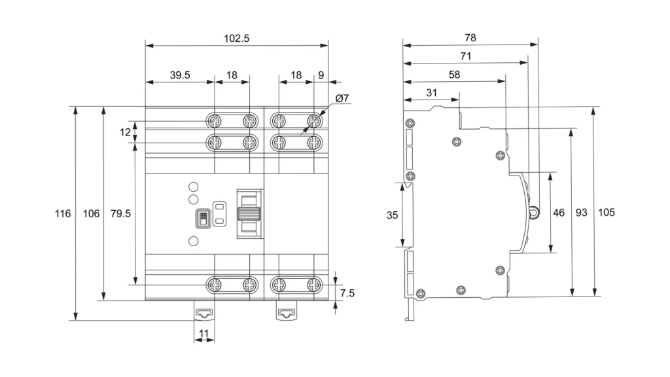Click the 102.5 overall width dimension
(x=237, y=38)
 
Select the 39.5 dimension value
(x=180, y=75)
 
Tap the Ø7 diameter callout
(x=342, y=99)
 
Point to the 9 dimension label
(x=321, y=75)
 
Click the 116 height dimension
(x=62, y=214)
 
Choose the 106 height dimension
(x=92, y=214)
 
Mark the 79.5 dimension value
(x=120, y=214)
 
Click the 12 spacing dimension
(x=125, y=132)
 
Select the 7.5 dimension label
(x=347, y=293)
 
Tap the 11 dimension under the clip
(x=203, y=334)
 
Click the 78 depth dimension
(x=470, y=38)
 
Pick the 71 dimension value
(x=465, y=56)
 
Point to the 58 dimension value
(x=454, y=75)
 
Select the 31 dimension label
(x=431, y=93)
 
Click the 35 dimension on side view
(x=392, y=215)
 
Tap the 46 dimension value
(x=559, y=213)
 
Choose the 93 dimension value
(x=581, y=213)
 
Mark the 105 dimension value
(x=607, y=213)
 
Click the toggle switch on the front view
(x=249, y=213)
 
